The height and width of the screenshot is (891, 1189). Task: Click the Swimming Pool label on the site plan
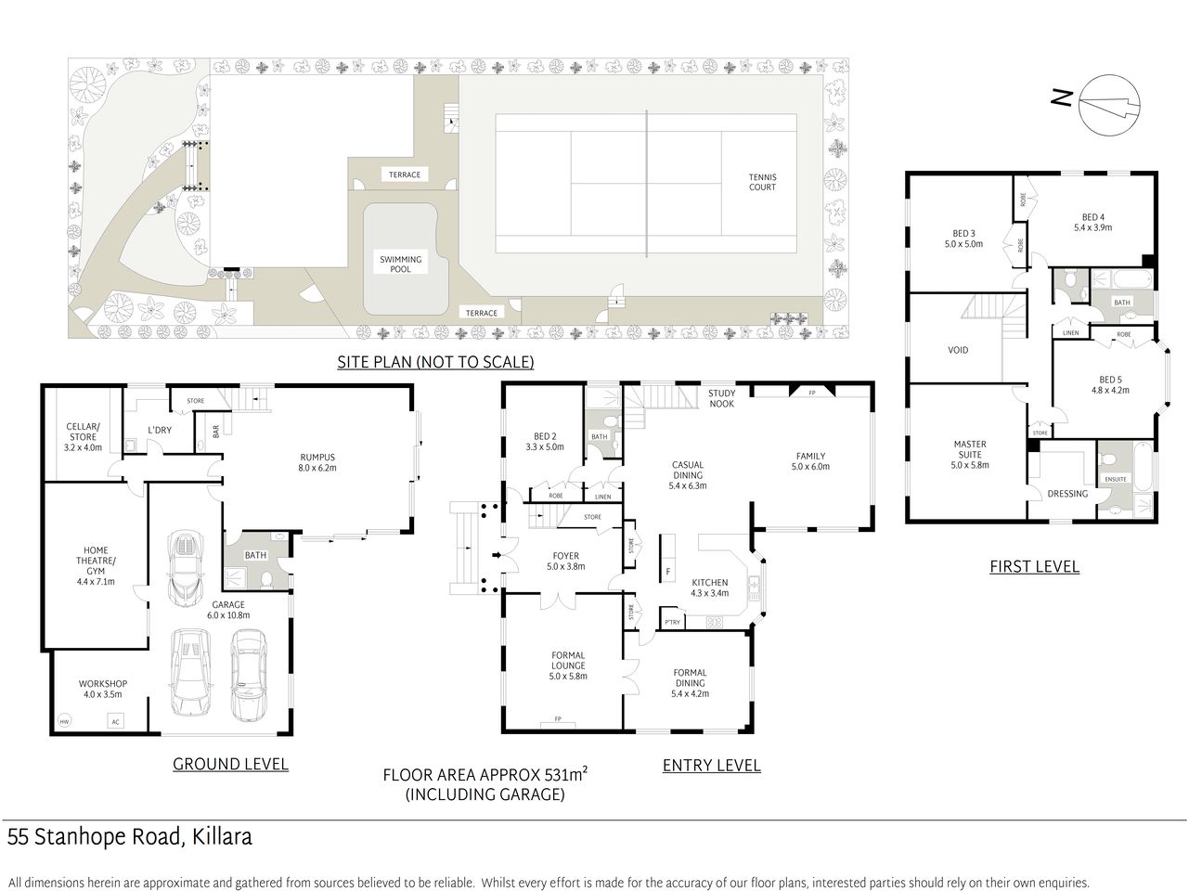click(x=400, y=265)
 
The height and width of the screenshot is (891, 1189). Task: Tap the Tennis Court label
click(x=763, y=182)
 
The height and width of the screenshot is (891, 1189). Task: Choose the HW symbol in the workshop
click(x=64, y=721)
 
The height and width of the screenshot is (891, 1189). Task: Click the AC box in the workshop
click(x=116, y=721)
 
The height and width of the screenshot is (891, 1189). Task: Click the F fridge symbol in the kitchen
click(x=667, y=569)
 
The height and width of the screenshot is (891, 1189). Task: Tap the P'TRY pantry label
click(x=671, y=623)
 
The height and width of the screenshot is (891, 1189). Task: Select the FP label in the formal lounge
click(x=558, y=719)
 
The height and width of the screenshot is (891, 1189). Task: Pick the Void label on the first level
click(x=958, y=350)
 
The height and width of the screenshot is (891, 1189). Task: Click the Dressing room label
click(x=1067, y=494)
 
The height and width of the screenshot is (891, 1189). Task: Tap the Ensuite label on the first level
click(x=1116, y=479)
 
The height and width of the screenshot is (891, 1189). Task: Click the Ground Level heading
click(x=230, y=764)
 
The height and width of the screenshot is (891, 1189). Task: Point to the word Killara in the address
click(x=223, y=837)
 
